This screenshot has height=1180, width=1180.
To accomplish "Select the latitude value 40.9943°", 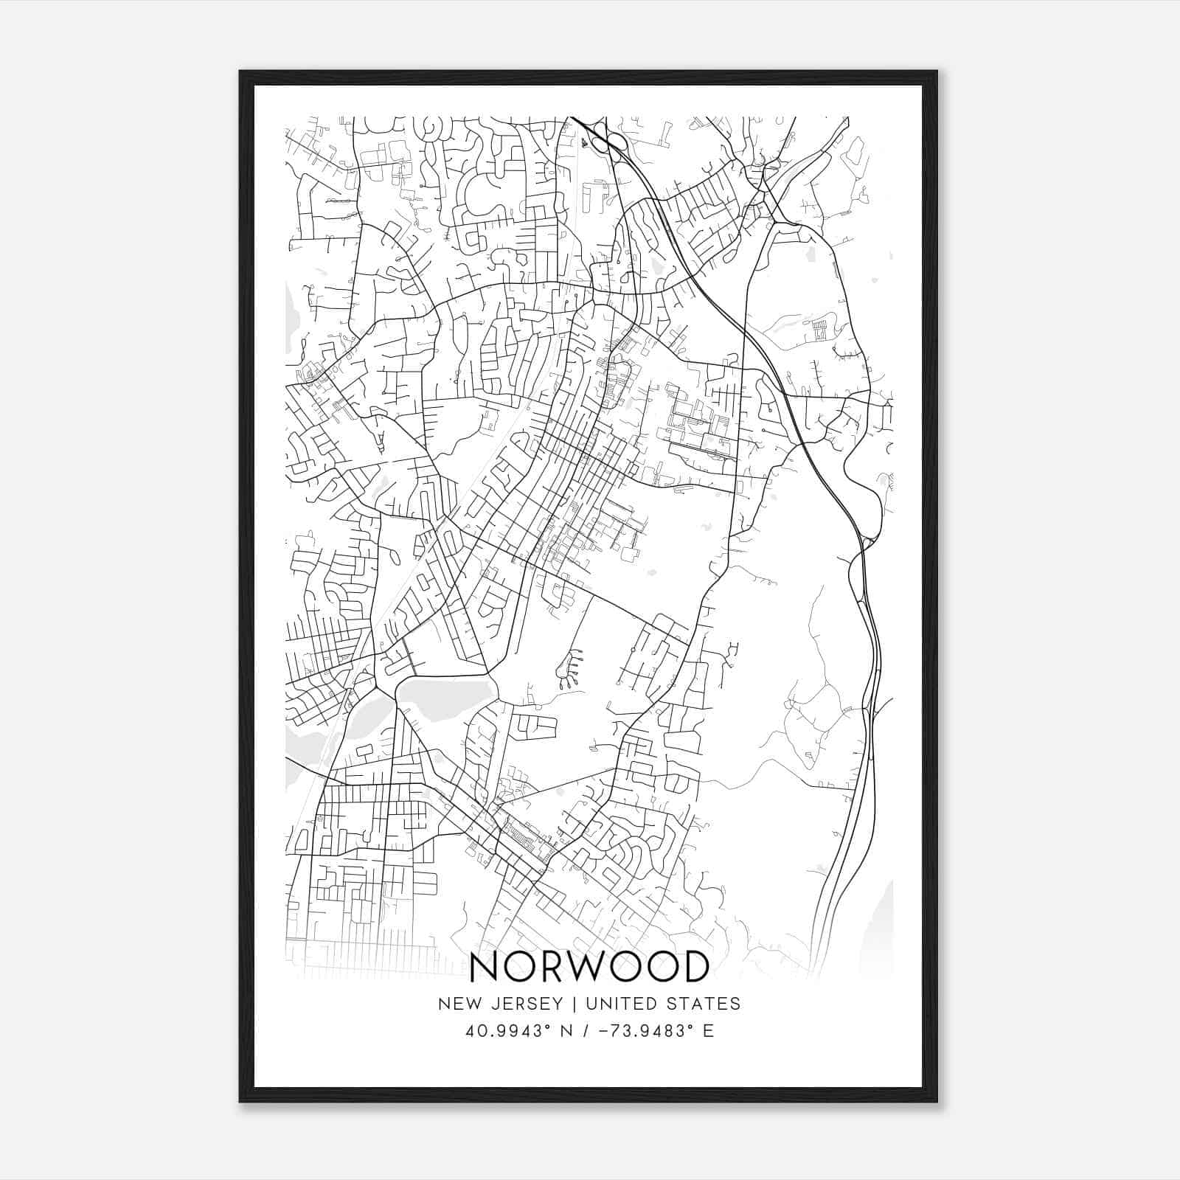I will pos(507,1031).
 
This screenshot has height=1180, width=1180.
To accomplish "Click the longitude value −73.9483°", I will pos(641,1031).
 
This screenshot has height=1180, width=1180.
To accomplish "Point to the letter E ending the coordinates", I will pos(709,1031).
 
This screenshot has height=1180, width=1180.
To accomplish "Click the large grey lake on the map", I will pos(446,697).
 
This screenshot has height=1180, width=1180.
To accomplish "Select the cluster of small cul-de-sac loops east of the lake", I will pos(569,667).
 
